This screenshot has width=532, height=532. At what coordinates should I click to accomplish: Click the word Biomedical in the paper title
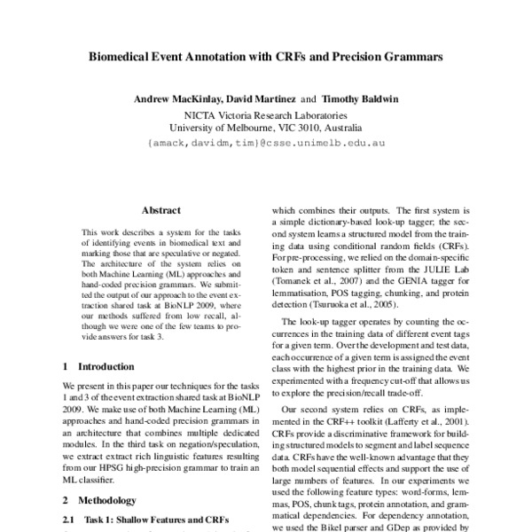point(121,58)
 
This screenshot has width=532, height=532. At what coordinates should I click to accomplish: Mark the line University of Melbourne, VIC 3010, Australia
point(267,127)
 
